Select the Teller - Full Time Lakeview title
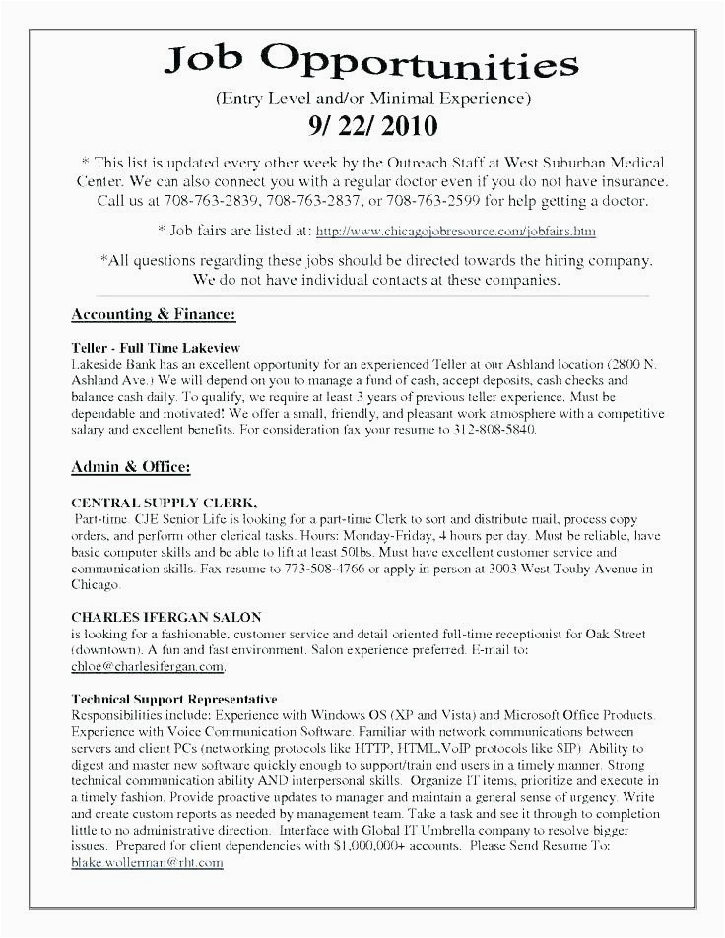pyautogui.click(x=157, y=348)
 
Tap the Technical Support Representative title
pyautogui.click(x=174, y=699)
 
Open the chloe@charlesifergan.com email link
pyautogui.click(x=148, y=667)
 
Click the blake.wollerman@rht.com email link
pyautogui.click(x=148, y=862)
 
